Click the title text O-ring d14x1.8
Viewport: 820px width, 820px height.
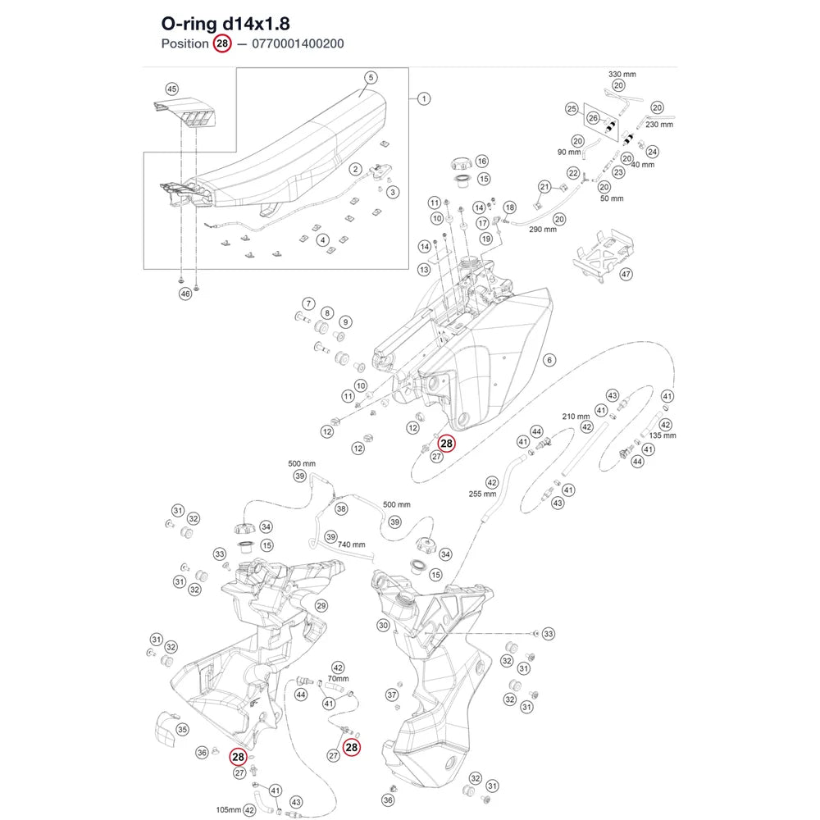[225, 24]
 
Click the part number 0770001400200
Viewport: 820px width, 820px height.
[298, 43]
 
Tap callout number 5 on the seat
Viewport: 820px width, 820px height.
[371, 77]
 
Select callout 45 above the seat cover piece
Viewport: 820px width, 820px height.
[171, 89]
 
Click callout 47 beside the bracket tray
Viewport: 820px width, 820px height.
[626, 274]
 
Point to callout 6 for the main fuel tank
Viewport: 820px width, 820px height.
[549, 360]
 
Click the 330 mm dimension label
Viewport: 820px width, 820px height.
[622, 75]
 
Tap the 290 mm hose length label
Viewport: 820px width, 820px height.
[543, 229]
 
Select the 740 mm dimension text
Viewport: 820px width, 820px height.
[352, 544]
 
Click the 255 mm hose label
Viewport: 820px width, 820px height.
[482, 494]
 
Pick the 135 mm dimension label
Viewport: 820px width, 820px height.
[663, 435]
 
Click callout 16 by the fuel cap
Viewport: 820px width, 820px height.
[481, 161]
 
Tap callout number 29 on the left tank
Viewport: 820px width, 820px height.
[321, 606]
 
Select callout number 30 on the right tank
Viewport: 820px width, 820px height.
[383, 625]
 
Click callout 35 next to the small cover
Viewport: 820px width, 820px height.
[182, 729]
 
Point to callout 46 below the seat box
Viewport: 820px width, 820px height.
[185, 294]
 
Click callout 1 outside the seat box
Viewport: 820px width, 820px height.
[424, 98]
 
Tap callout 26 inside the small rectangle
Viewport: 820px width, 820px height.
[593, 118]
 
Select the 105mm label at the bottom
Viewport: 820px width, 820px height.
[229, 809]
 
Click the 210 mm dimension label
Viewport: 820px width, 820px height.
[576, 417]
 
